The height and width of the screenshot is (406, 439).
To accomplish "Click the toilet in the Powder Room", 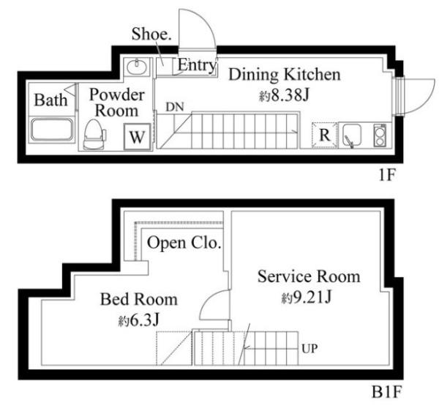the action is (94, 134).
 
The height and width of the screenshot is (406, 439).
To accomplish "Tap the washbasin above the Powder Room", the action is (137, 67).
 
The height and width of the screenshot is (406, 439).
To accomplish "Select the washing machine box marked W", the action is (138, 136).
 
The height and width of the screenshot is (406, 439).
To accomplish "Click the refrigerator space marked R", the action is (324, 135).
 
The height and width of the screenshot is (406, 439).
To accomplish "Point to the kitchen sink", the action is (352, 136).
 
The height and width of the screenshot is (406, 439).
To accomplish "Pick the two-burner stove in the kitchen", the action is (380, 136).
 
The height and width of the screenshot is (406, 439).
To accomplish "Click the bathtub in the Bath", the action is (52, 130).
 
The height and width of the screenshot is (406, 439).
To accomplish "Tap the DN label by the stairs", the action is (175, 107).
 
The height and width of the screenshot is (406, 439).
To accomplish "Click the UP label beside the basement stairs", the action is (309, 349).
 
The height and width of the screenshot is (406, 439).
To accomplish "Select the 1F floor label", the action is (386, 175).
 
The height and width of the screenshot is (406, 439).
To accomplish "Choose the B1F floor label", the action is (386, 392).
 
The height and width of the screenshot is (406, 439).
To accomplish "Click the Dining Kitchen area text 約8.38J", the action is (284, 95).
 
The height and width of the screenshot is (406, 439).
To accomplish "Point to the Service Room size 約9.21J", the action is (307, 298).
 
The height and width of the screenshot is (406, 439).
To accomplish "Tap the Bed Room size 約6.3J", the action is (138, 320).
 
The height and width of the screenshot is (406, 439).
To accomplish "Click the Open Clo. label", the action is (184, 243).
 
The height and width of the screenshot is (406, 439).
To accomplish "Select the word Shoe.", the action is (151, 34).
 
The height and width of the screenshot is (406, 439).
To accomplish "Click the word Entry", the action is (197, 65).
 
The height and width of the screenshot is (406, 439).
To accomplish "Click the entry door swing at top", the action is (197, 29).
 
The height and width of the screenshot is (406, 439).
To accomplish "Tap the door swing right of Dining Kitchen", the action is (419, 95).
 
